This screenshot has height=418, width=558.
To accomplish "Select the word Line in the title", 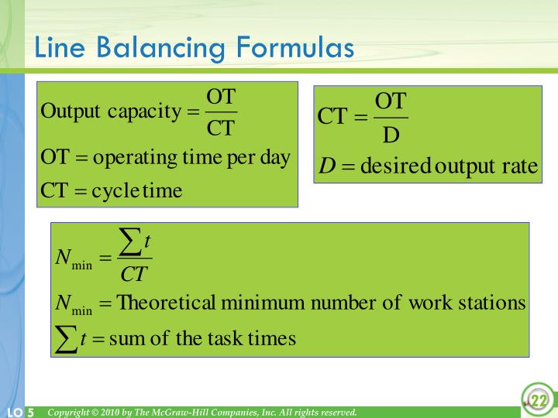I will coord(59,48).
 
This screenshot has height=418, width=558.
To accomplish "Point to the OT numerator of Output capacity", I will coord(221,97).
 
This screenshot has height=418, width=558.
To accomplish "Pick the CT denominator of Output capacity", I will coord(221,128).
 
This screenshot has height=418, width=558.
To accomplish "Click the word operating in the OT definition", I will coord(136,158).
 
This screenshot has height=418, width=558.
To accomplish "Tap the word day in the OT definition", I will coord(275,158).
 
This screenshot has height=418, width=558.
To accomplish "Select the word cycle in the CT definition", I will coord(115,190).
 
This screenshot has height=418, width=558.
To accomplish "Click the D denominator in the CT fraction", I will coord(391,136).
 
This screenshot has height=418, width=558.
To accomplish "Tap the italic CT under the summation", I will coord(134,274).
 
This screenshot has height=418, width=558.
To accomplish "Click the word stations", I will coord(493,303).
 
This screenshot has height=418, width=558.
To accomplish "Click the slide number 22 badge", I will coord(538,400).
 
